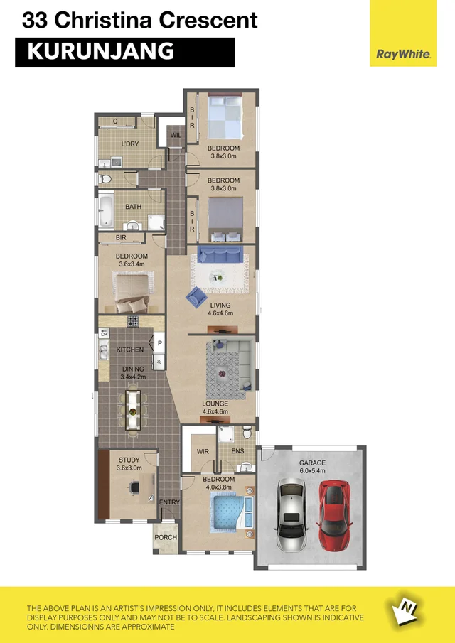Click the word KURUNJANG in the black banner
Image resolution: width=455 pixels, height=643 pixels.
(x=100, y=51)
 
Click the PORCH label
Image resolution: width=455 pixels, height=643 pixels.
(x=166, y=537)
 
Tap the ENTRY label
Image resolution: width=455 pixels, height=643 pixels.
(x=169, y=503)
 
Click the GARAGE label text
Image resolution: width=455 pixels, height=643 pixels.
(x=311, y=463)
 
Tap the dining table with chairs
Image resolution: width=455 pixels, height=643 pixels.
(x=133, y=408)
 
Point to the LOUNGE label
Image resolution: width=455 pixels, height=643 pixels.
(x=214, y=404)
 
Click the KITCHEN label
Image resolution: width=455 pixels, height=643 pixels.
(x=130, y=350)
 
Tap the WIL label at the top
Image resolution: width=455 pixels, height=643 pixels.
(x=175, y=134)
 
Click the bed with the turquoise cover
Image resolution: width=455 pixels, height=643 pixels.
(x=230, y=514)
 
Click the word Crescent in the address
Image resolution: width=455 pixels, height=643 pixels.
(x=208, y=21)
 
